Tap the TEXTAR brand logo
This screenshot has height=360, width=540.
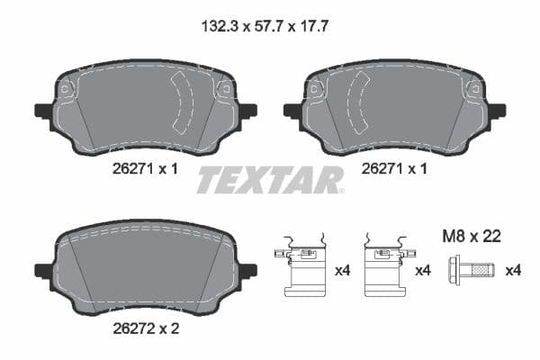(x=270, y=180)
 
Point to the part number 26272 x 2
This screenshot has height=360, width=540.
(x=145, y=329)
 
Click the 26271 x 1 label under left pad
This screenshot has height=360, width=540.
(x=145, y=169)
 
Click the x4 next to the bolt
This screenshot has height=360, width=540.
(x=513, y=270)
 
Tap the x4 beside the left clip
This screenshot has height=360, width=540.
(x=341, y=270)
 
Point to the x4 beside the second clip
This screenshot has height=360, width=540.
(x=423, y=270)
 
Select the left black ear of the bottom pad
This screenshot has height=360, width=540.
(x=43, y=270)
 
